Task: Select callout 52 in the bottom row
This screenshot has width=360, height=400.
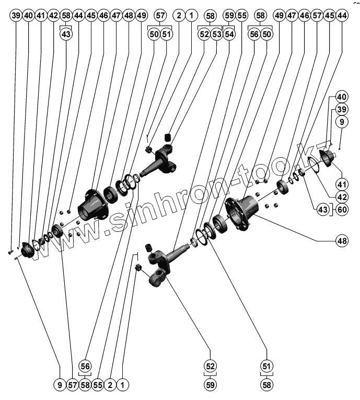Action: click(211, 366)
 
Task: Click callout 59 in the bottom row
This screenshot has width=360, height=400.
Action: click(211, 384)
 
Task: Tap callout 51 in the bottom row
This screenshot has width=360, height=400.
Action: click(267, 366)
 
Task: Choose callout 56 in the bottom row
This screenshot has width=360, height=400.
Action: click(85, 366)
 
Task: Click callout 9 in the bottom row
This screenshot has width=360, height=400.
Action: click(60, 385)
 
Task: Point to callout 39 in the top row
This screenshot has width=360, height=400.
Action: click(16, 16)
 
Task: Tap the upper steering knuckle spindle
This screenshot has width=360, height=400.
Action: click(162, 162)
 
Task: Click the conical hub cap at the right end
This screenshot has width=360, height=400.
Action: click(328, 157)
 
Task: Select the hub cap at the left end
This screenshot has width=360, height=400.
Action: click(27, 250)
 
